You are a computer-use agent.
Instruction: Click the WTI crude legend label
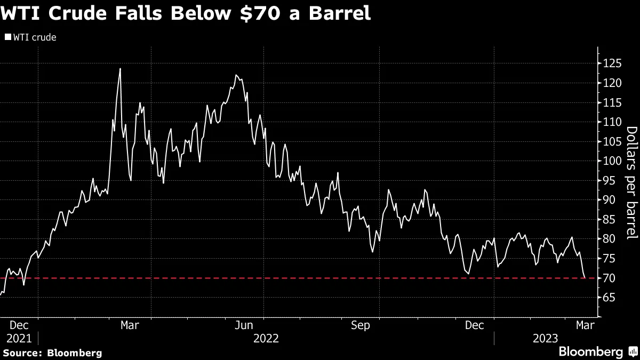[x=34, y=37]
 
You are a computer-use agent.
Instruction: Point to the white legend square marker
[x=7, y=37]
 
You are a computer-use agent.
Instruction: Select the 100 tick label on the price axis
[x=612, y=161]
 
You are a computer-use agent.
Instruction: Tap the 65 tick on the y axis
[x=610, y=298]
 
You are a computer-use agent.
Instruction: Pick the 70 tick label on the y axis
[x=610, y=278]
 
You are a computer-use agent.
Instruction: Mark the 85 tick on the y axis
[x=610, y=219]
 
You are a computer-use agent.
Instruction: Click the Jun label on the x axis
[x=244, y=324]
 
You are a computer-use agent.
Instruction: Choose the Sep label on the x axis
[x=361, y=324]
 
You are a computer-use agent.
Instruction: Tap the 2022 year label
[x=266, y=338]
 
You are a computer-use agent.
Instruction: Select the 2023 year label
[x=546, y=338]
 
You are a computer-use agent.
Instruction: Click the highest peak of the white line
[x=120, y=69]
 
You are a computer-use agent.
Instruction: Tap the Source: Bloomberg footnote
[x=52, y=353]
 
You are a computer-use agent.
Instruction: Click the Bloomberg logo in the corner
[x=590, y=352]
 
